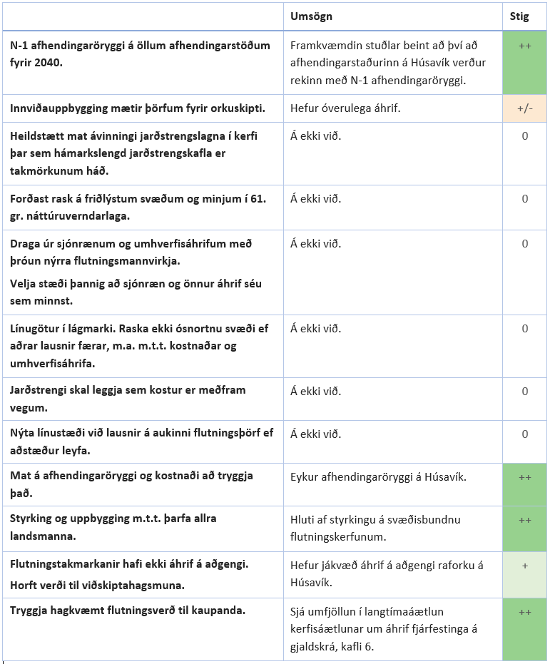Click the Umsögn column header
(312, 16)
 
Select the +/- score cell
(524, 109)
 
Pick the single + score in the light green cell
(524, 565)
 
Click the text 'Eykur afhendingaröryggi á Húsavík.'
(378, 476)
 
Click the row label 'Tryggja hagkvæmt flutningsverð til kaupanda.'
(128, 610)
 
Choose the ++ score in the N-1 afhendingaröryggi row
(524, 46)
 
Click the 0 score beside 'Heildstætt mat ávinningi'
(524, 136)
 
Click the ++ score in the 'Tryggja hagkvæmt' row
(524, 611)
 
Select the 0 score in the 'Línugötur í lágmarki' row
(524, 329)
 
